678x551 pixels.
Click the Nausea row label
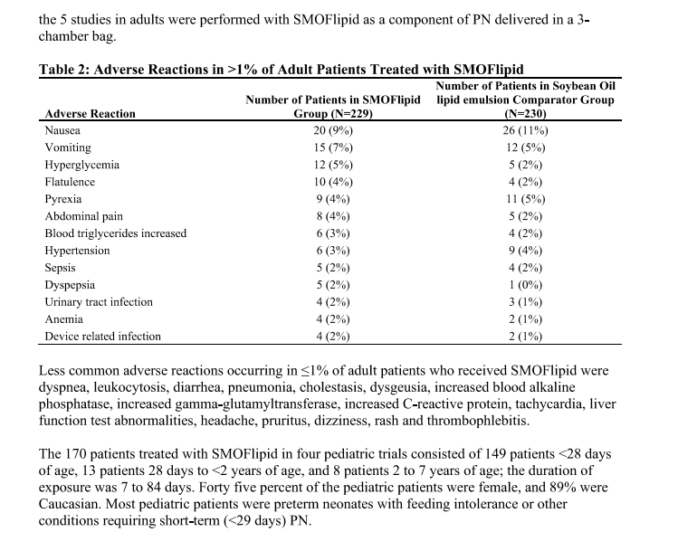(62, 130)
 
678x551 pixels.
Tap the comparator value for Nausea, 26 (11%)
(525, 130)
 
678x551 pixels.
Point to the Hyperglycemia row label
(82, 165)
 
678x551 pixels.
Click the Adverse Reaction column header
(90, 114)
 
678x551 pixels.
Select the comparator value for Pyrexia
(525, 199)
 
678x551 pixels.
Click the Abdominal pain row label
(84, 216)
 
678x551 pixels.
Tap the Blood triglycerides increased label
(116, 233)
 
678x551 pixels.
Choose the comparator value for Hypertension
(525, 251)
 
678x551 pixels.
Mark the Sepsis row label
(61, 268)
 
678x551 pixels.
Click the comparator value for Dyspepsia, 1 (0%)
(525, 285)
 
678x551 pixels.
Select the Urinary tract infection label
(100, 302)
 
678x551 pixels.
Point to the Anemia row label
(64, 319)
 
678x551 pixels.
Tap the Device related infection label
(103, 337)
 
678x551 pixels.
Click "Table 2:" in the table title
(69, 69)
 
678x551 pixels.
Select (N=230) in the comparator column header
(525, 114)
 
